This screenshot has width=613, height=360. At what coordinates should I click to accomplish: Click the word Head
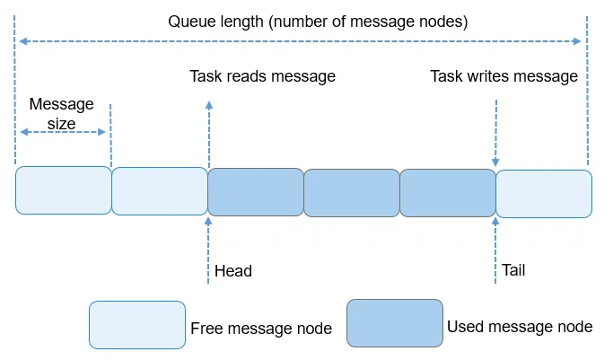[x=233, y=271]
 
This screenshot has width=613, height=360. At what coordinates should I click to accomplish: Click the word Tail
[x=513, y=270]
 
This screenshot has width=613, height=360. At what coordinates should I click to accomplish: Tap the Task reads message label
[x=262, y=76]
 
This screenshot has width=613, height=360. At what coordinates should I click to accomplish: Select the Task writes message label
[x=504, y=76]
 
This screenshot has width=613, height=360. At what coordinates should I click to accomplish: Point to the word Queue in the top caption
[x=191, y=22]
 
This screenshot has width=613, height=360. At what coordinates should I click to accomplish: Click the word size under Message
[x=61, y=124]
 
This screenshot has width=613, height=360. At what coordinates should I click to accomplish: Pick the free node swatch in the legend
[x=137, y=325]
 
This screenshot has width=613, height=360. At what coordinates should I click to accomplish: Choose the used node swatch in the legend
[x=395, y=323]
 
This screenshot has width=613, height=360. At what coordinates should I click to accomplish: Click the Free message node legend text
[x=261, y=329]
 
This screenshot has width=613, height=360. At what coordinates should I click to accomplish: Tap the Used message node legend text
[x=520, y=327]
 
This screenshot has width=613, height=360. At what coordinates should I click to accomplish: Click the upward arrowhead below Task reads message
[x=209, y=105]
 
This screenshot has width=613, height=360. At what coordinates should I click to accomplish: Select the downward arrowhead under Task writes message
[x=495, y=162]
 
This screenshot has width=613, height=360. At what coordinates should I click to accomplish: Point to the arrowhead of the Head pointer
[x=208, y=221]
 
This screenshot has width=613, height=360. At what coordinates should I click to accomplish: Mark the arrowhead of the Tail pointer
[x=495, y=221]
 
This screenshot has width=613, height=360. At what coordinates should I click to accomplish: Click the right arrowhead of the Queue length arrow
[x=577, y=41]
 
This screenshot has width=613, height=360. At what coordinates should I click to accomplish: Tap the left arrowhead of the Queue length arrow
[x=23, y=41]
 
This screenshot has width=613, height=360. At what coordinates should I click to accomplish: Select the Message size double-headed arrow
[x=63, y=132]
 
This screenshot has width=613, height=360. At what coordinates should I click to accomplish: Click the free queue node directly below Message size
[x=64, y=190]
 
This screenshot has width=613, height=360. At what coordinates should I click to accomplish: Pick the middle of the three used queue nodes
[x=352, y=193]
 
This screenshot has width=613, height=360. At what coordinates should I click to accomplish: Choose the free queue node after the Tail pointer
[x=544, y=194]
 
